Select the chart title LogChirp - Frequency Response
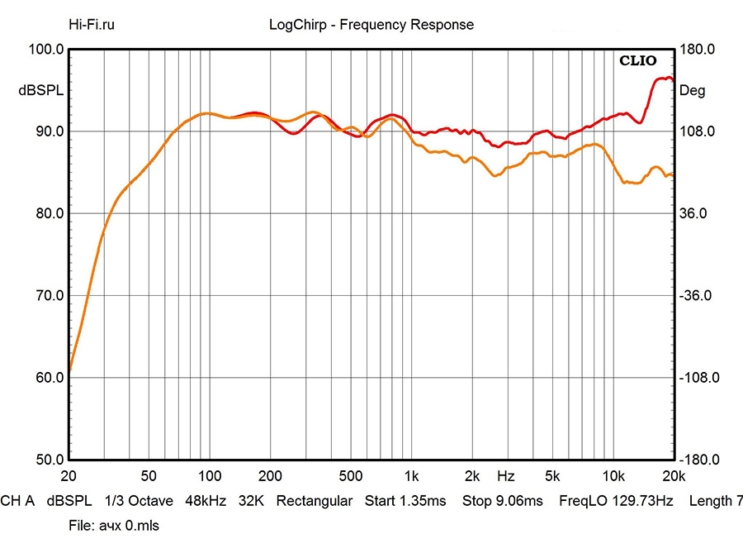(371, 25)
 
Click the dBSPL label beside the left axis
(40, 91)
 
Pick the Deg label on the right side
(692, 91)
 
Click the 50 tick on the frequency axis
(149, 476)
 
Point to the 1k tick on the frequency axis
(411, 476)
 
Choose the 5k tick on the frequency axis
(552, 476)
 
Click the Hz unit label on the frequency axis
(506, 476)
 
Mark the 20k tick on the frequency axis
(674, 476)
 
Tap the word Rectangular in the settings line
(315, 501)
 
